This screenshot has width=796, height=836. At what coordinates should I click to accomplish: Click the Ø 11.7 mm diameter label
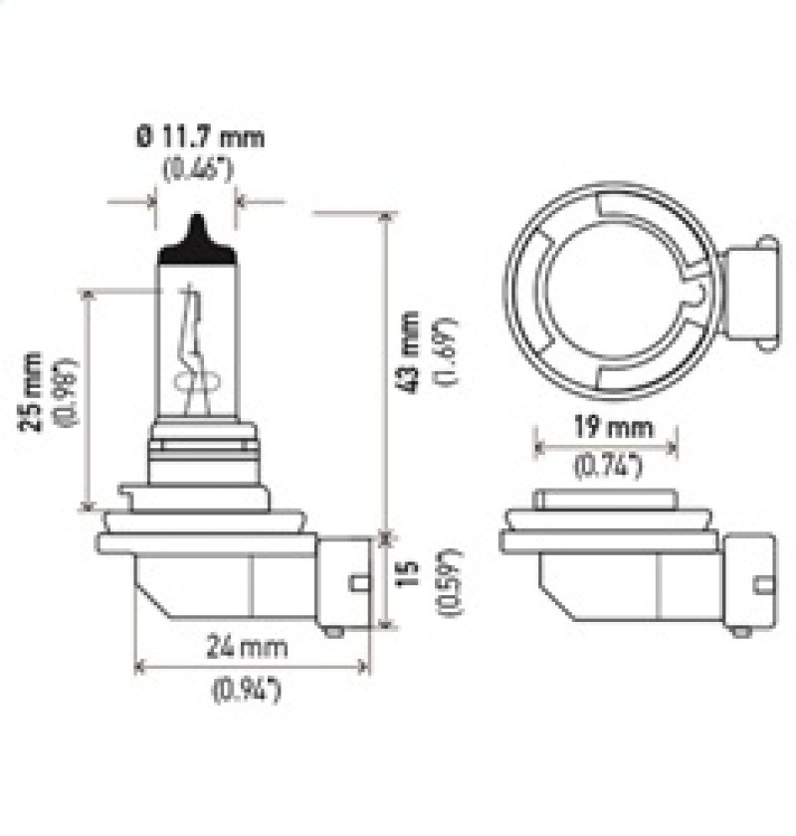(x=200, y=136)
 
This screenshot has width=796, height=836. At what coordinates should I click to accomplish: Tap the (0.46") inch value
(x=198, y=168)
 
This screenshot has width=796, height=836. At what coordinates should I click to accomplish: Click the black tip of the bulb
(x=198, y=239)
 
